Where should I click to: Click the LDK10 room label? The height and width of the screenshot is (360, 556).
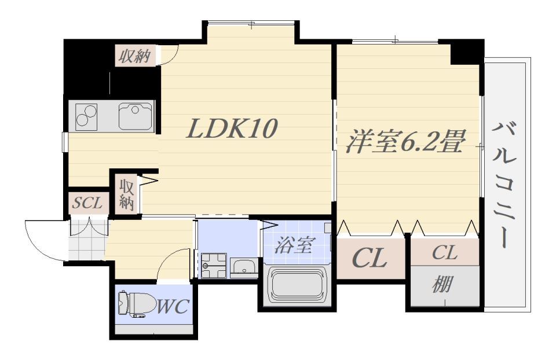[232, 128]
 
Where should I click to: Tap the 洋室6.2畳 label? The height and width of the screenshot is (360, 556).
[405, 141]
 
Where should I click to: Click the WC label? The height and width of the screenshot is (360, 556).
[173, 306]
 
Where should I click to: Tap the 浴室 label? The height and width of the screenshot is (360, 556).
[295, 245]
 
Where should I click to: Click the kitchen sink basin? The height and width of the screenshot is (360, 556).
[136, 116]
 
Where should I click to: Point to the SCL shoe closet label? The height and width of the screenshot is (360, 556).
[87, 203]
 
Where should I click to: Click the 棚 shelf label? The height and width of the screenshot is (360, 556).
[442, 284]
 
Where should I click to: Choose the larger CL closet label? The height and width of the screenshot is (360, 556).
[370, 258]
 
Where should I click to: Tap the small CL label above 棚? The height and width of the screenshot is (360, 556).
[445, 253]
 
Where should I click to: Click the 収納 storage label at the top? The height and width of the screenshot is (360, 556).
[134, 56]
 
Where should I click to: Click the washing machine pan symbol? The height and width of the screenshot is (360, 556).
[214, 266]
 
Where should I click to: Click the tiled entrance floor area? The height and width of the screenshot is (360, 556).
[87, 240]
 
